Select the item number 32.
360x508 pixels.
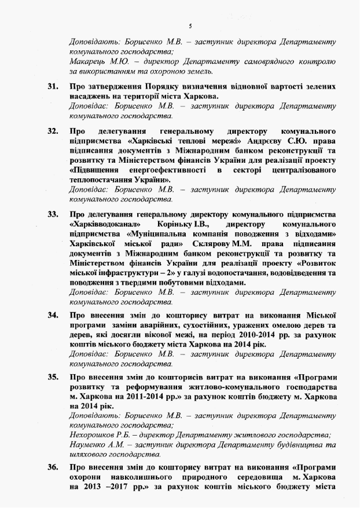coord(53,131)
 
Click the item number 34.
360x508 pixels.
coord(53,316)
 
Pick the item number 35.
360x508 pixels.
coord(53,377)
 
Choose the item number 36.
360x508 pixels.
coord(53,466)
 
